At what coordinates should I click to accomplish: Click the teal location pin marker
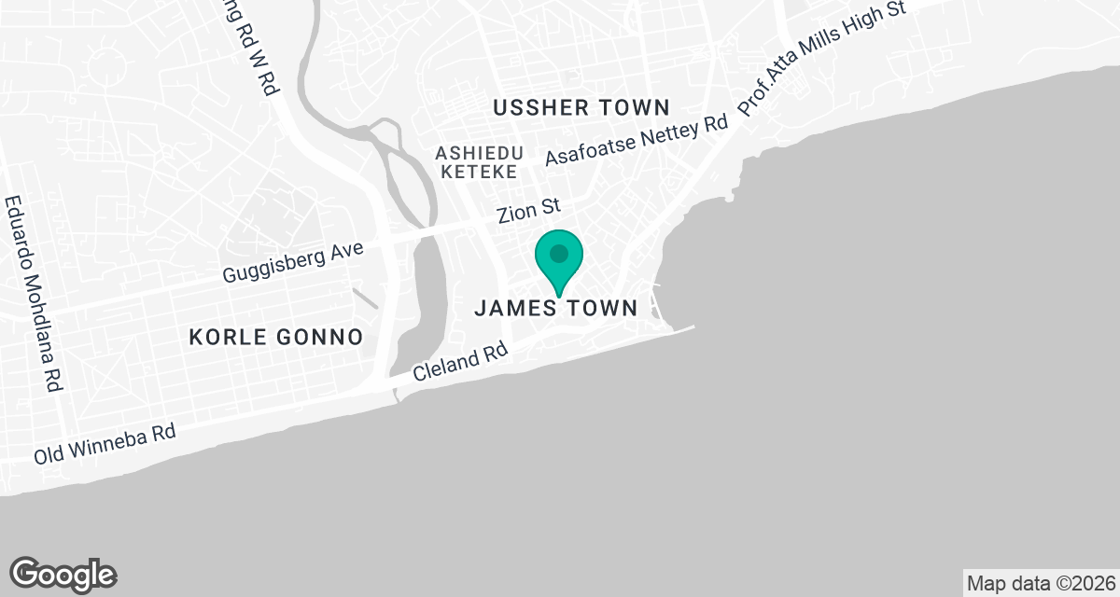click(x=559, y=260)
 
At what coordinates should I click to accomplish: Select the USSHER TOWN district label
click(x=581, y=107)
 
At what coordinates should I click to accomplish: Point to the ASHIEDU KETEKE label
click(x=479, y=161)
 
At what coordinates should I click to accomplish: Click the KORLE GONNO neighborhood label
click(x=275, y=337)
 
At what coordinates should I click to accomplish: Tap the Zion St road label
click(x=527, y=213)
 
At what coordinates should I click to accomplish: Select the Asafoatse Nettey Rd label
click(x=636, y=141)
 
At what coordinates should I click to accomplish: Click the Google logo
click(x=63, y=574)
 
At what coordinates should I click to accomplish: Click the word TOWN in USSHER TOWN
click(x=635, y=107)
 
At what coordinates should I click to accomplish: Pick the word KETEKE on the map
click(x=479, y=172)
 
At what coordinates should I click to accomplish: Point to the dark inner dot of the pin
click(x=559, y=253)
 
